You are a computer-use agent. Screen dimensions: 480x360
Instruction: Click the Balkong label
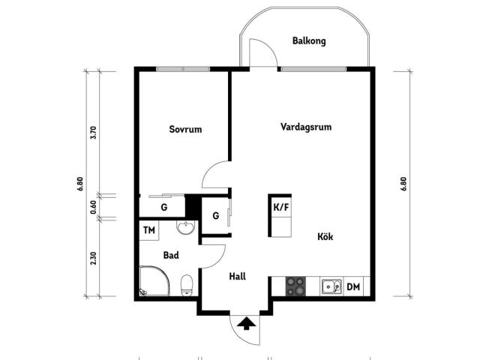pos(309,41)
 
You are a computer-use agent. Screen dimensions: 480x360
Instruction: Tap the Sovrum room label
pos(185,129)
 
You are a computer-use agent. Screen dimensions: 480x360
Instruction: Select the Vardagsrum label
pos(306,127)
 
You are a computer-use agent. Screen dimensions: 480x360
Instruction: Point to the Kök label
pos(325,236)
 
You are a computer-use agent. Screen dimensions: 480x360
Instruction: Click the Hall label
pos(238,277)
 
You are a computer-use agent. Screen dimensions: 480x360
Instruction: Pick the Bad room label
pos(171,255)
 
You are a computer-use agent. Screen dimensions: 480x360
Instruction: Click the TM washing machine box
pos(149,230)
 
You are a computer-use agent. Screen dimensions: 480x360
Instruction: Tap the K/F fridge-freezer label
pos(281,207)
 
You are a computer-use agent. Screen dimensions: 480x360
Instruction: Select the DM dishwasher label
pos(353,286)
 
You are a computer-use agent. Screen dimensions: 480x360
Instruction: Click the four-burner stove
pos(295,286)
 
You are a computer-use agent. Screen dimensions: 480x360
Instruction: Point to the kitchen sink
pos(331,286)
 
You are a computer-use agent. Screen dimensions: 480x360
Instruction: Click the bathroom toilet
pos(187,285)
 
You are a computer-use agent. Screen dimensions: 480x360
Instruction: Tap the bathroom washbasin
pos(185,228)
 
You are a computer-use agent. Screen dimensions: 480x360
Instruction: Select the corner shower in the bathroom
pos(154,281)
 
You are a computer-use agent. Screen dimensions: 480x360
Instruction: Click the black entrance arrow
pos(246,324)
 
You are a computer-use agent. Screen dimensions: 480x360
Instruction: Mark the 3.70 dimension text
pos(94,133)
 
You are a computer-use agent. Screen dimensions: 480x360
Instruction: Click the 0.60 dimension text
pos(94,207)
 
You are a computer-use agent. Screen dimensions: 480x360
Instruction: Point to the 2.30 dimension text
pos(94,258)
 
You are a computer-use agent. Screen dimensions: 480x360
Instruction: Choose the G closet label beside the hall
pos(216,216)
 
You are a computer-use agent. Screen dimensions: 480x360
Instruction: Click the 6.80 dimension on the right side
pos(403,184)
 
